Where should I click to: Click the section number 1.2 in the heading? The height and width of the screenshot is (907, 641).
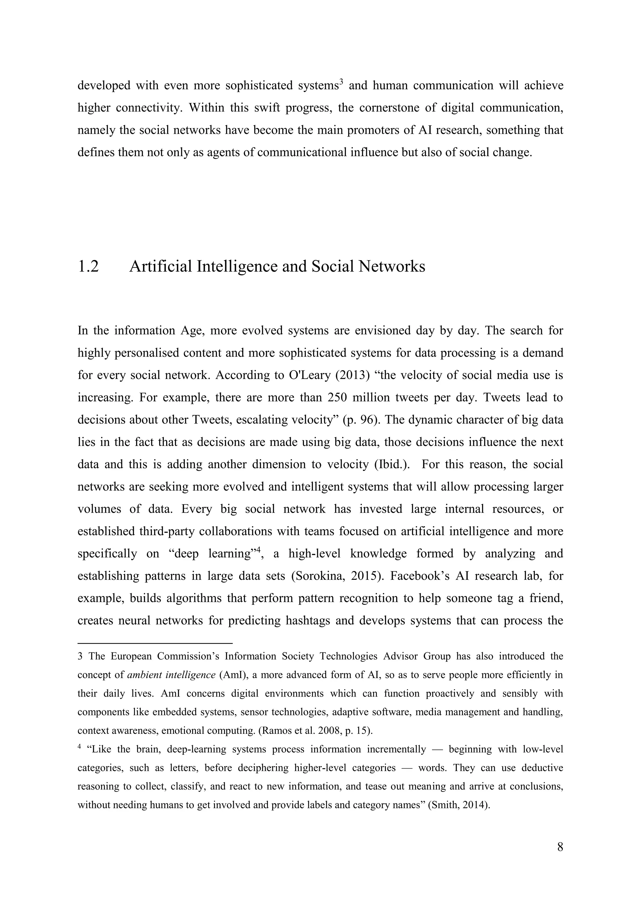tap(88, 267)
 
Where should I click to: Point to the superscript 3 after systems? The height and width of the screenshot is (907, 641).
tap(341, 82)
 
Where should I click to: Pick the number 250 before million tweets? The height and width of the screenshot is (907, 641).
tap(337, 397)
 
